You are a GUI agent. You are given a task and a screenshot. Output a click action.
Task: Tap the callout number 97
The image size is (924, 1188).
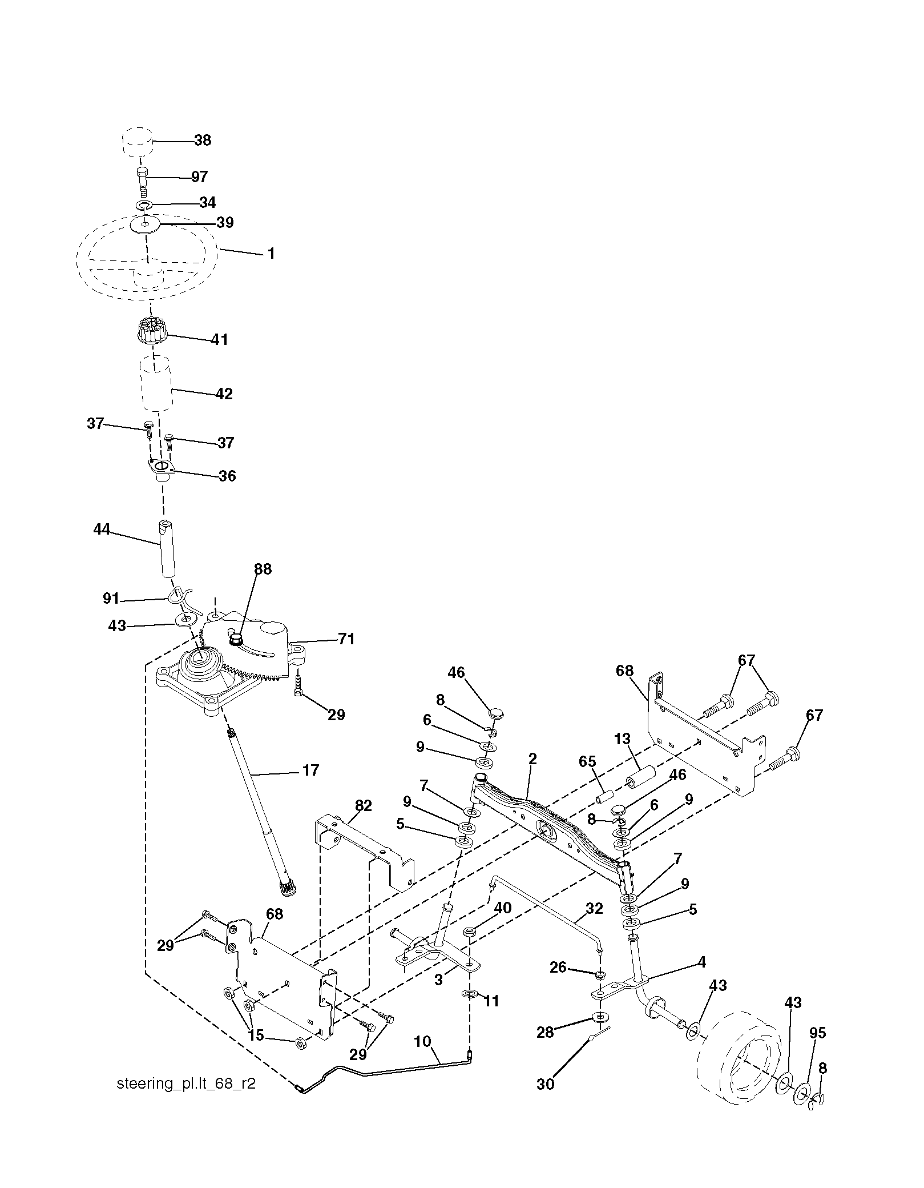[199, 177]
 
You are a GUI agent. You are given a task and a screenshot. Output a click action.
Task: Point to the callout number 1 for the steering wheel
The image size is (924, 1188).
[271, 254]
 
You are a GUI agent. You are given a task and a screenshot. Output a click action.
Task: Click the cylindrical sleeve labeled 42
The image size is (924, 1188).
[157, 383]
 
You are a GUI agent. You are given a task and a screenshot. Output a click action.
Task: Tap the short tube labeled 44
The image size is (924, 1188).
[166, 549]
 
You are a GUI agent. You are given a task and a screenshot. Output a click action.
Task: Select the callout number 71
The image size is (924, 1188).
[345, 639]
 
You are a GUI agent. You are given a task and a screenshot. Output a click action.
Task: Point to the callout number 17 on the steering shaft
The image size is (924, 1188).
[310, 770]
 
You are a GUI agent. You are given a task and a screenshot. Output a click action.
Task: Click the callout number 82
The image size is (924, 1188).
[363, 806]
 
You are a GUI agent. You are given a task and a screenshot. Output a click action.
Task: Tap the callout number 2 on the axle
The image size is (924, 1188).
[532, 759]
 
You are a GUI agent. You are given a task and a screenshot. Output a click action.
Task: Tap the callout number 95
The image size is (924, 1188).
[818, 1033]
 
